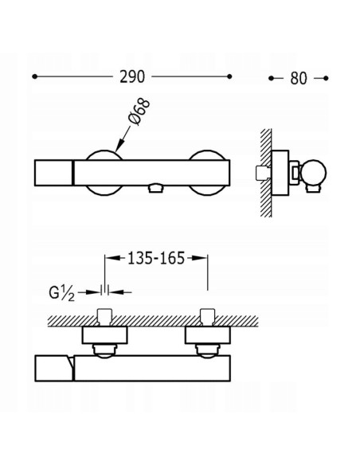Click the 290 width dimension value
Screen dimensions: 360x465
[132, 77]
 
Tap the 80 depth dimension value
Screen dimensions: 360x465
[299, 79]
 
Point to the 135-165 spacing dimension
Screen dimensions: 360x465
[156, 258]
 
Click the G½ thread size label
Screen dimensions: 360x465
[61, 293]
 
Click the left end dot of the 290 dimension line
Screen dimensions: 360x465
[34, 76]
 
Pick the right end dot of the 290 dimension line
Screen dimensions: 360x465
[229, 76]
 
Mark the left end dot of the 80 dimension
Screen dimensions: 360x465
[271, 78]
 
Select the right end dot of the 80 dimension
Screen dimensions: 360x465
[326, 78]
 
